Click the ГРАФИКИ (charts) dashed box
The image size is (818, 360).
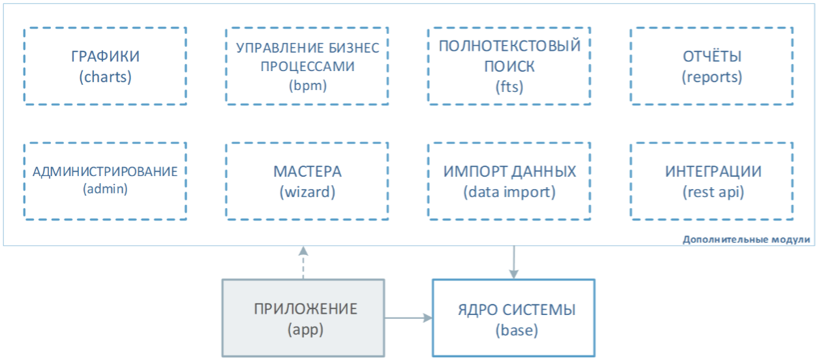click(x=105, y=66)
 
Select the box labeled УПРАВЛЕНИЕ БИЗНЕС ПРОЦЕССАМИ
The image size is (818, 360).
click(x=307, y=66)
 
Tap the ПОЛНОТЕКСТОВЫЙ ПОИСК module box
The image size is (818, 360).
click(x=509, y=66)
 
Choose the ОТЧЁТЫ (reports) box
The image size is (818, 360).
click(x=712, y=66)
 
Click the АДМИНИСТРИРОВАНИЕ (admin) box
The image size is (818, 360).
click(x=105, y=181)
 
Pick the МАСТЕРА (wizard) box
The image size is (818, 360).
click(x=307, y=181)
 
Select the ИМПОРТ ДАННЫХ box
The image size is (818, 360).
click(x=509, y=181)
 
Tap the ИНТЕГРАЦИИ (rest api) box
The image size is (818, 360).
click(x=712, y=181)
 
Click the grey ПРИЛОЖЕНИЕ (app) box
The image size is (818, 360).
click(x=303, y=318)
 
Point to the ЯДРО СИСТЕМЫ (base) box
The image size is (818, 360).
click(x=513, y=318)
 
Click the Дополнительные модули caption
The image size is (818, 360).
click(x=746, y=239)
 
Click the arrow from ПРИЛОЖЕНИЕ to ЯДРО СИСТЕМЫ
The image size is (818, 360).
click(x=408, y=318)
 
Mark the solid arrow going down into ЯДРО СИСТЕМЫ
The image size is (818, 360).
click(x=515, y=262)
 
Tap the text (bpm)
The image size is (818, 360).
click(x=307, y=85)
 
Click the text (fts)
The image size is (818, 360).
click(x=509, y=86)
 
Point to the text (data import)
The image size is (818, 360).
click(x=509, y=192)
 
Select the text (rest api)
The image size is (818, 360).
click(x=712, y=192)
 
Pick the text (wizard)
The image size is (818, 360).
click(x=307, y=192)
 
